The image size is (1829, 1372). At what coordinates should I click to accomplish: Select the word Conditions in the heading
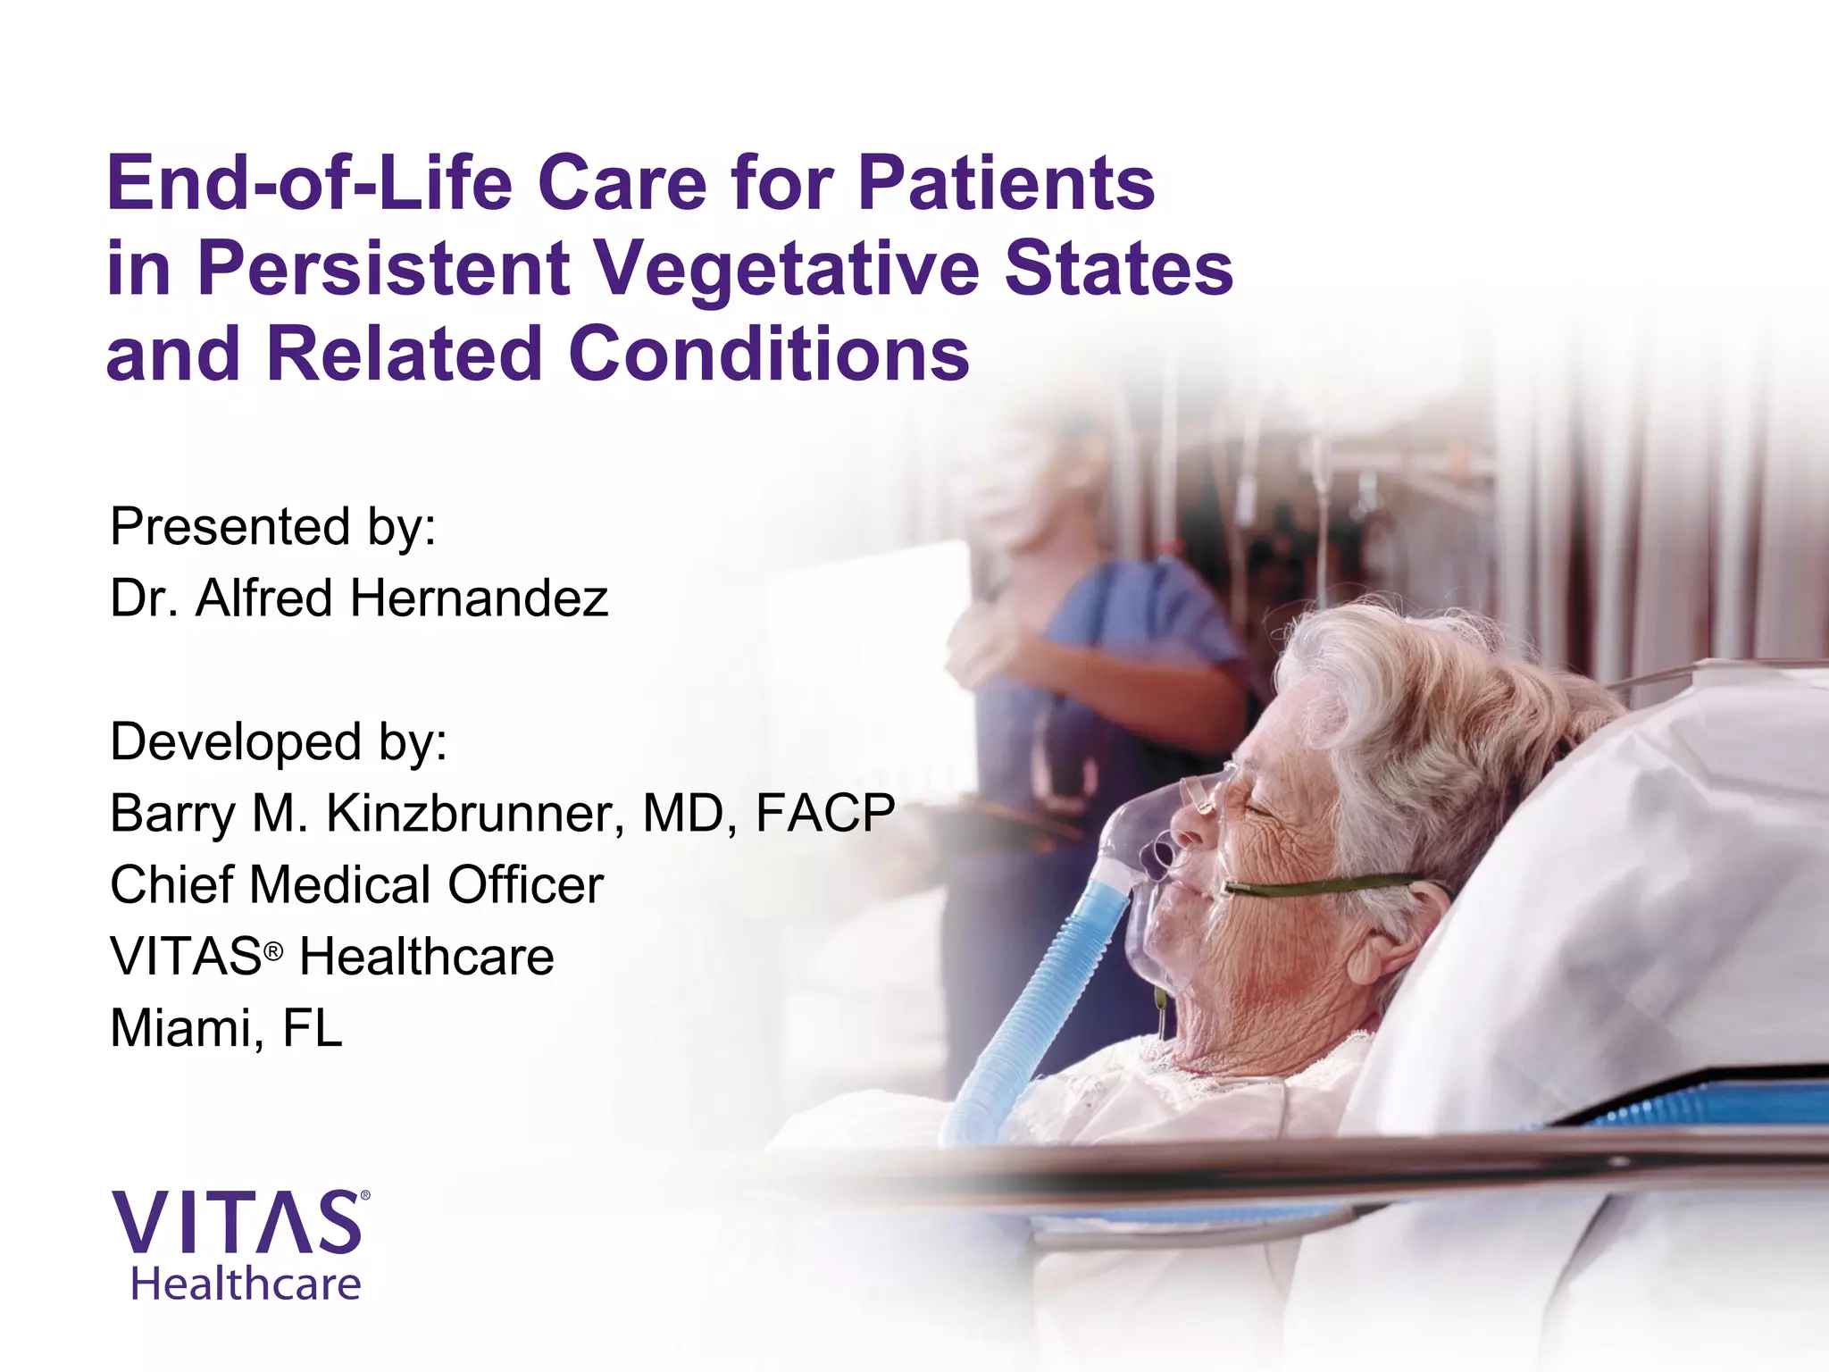tap(768, 354)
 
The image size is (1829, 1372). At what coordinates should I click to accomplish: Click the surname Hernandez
tap(479, 598)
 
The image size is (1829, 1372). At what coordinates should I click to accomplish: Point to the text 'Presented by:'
tap(273, 526)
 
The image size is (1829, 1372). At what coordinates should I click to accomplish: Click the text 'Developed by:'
tap(279, 741)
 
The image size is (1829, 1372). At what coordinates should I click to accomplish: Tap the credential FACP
tap(824, 813)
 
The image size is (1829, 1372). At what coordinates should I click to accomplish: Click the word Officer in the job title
tap(525, 884)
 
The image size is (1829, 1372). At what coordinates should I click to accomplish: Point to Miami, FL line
tap(226, 1028)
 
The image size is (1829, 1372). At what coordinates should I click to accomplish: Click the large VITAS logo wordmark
tap(237, 1223)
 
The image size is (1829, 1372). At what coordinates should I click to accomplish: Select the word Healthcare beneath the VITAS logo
tap(246, 1284)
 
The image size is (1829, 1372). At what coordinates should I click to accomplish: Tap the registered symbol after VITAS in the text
tap(273, 951)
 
